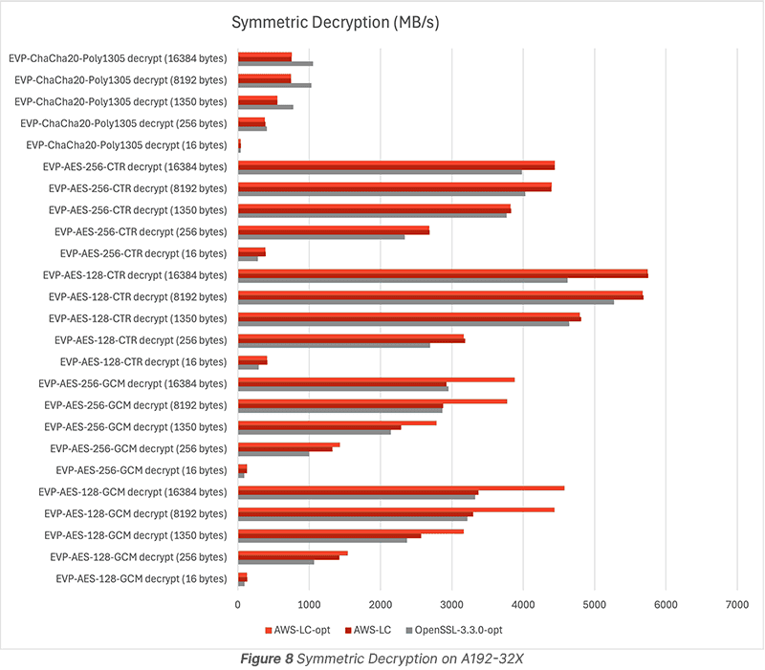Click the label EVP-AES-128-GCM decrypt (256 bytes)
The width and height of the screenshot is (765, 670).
click(141, 557)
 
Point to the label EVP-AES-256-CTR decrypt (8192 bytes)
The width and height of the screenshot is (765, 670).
click(139, 188)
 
